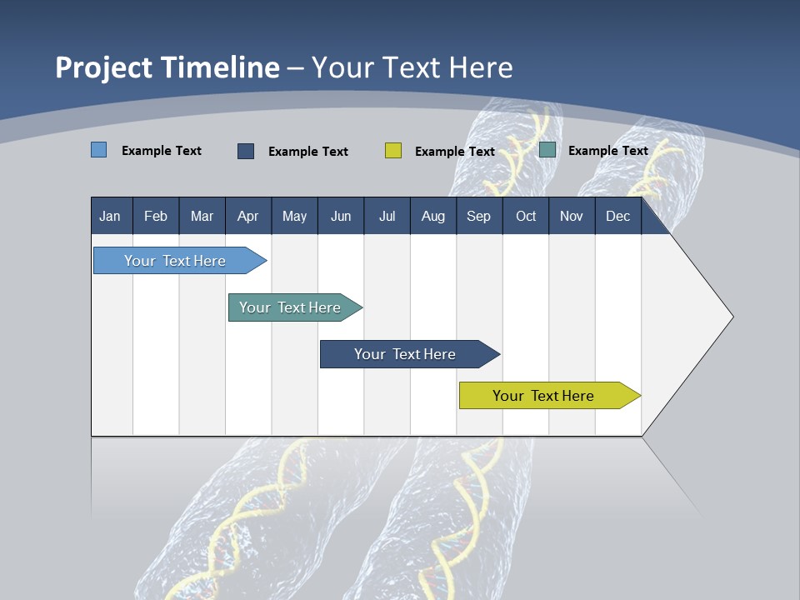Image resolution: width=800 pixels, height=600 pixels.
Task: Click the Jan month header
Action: click(110, 217)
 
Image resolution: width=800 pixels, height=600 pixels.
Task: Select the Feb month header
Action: click(156, 217)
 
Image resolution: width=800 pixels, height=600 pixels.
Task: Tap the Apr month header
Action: click(247, 217)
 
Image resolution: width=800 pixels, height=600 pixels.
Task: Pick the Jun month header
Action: click(341, 217)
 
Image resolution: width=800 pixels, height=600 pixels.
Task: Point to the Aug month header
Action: click(432, 217)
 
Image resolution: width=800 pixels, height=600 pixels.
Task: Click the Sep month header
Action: click(478, 217)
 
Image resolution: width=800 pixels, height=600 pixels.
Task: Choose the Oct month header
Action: click(526, 217)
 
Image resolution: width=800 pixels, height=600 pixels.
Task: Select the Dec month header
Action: click(617, 217)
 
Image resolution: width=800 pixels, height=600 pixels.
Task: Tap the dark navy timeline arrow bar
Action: click(406, 354)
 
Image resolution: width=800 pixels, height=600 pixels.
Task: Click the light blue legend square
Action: click(98, 150)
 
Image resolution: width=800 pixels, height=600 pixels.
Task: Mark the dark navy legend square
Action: click(246, 151)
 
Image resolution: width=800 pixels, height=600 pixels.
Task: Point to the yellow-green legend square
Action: click(393, 151)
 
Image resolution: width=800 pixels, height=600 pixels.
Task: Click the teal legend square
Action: click(547, 150)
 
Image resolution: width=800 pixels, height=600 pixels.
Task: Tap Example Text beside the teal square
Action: click(607, 151)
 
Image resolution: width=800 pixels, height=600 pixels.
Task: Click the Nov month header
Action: click(572, 217)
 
